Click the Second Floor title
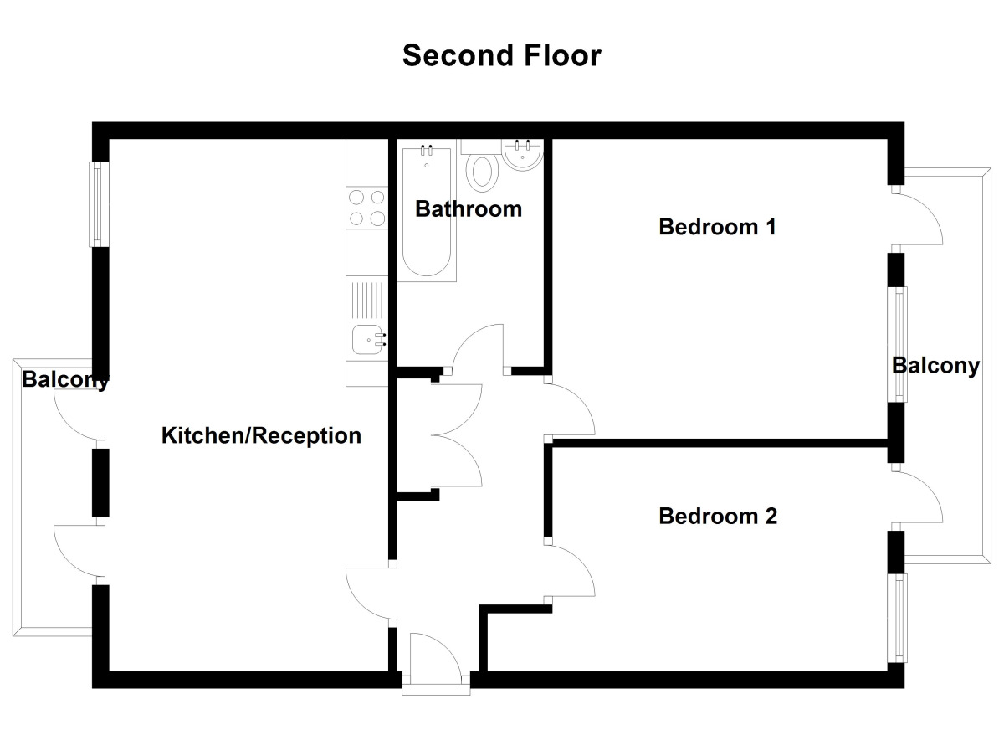pos(501,55)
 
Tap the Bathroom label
pos(468,208)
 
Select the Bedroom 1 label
pos(718,227)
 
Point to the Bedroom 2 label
pos(718,516)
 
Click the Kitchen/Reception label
pos(261,435)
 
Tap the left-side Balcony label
pos(65,380)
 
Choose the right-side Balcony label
pos(935,366)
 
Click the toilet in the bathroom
pos(481,171)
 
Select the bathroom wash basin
pos(525,156)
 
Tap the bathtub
pos(427,213)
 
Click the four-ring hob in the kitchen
pos(366,208)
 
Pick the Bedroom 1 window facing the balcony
pos(899,345)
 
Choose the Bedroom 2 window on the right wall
pos(899,618)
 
